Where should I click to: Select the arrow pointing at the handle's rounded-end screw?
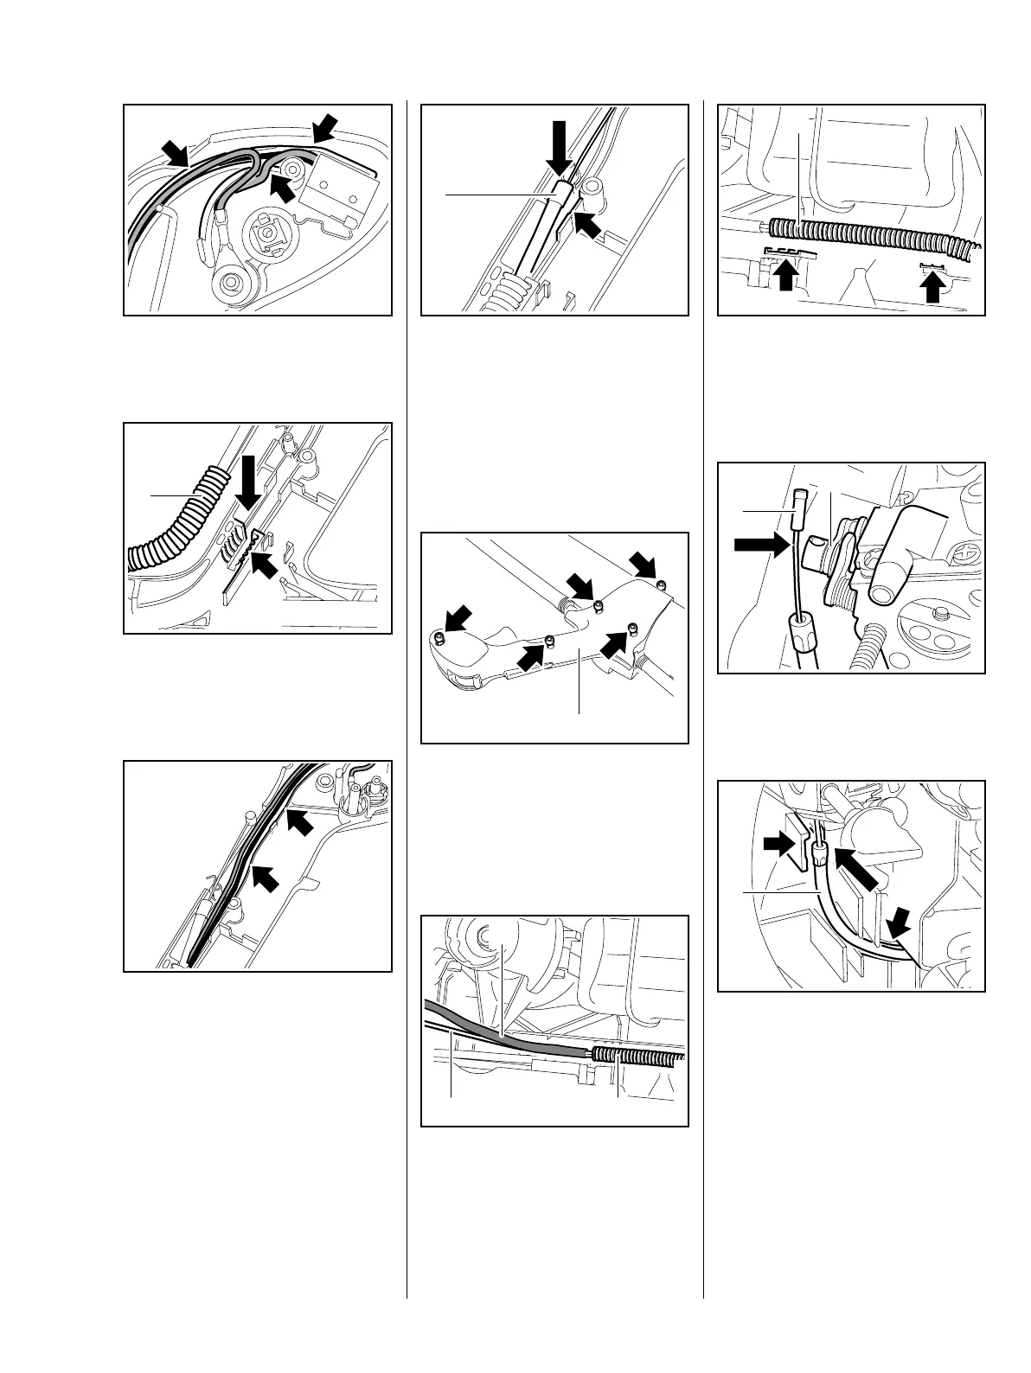457,619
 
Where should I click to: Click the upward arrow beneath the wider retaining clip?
784,278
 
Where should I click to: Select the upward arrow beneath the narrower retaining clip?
932,284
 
